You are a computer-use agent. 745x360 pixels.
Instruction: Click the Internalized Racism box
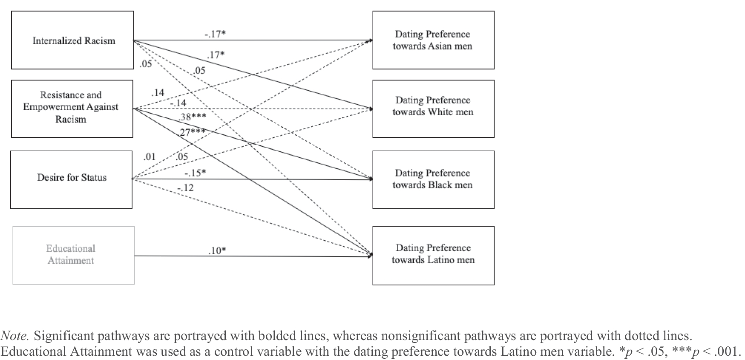(72, 40)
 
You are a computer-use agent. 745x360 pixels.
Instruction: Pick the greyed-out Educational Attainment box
(73, 255)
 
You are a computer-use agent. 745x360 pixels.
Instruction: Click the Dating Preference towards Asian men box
(433, 40)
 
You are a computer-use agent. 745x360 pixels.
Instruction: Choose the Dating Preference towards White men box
(433, 109)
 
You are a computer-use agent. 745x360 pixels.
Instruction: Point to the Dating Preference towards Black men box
(433, 179)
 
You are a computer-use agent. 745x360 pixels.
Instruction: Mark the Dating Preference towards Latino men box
(433, 255)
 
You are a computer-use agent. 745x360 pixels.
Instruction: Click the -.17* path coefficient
(215, 34)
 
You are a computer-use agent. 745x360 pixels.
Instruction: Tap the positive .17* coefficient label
(216, 55)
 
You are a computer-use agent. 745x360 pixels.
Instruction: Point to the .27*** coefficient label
(192, 132)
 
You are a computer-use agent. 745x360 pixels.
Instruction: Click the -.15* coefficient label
(195, 173)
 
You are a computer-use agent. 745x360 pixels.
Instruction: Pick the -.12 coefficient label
(185, 188)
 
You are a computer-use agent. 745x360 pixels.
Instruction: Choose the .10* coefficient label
(217, 251)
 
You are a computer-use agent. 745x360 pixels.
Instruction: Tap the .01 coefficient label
(150, 157)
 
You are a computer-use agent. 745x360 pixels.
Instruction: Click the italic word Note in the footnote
(14, 336)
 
